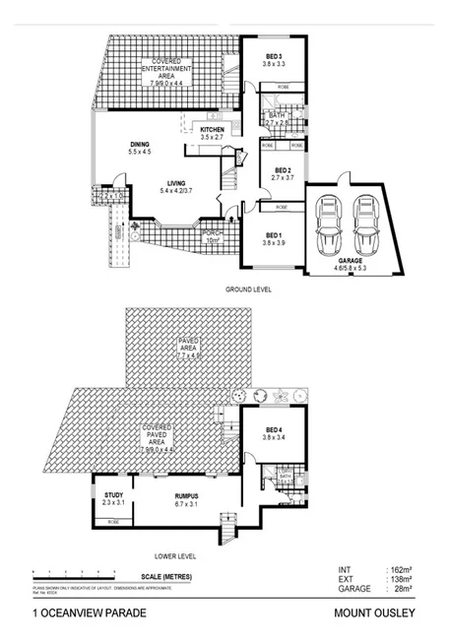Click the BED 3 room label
point(274,55)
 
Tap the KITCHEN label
point(213,130)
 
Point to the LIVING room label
point(175,183)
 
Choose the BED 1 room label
point(274,235)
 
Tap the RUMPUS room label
point(187,496)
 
